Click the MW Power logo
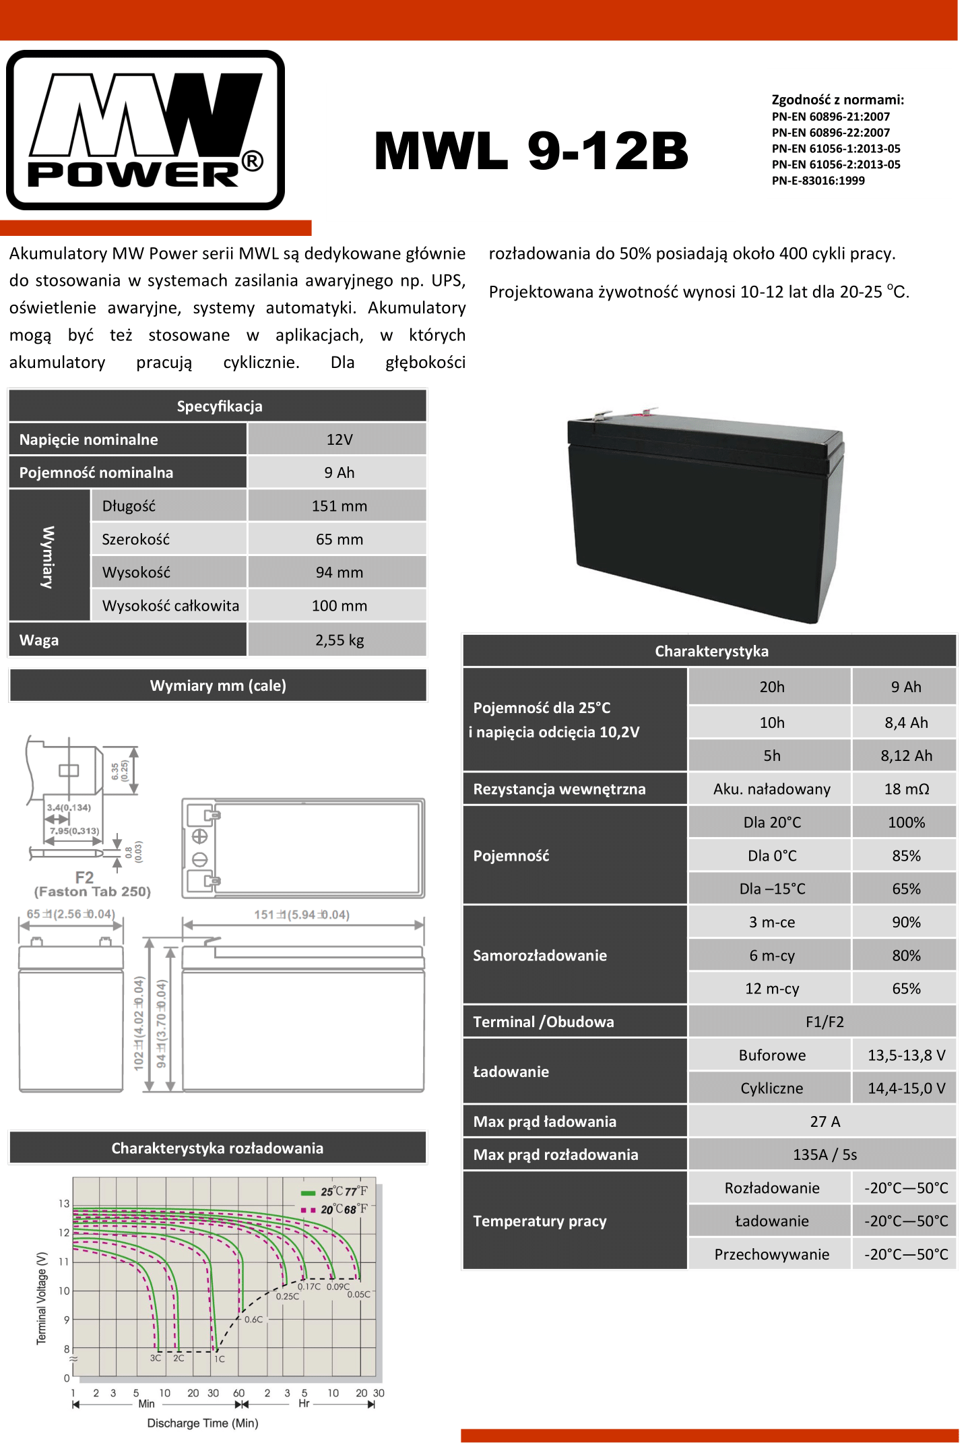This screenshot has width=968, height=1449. point(145,130)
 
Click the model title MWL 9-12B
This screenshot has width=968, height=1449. point(531,150)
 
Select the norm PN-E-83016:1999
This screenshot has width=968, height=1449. point(818,181)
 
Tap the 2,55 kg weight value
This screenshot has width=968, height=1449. point(339,640)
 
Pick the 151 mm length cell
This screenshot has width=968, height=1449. point(339,506)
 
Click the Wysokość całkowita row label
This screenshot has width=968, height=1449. point(170,606)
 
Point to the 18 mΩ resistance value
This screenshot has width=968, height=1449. point(905,789)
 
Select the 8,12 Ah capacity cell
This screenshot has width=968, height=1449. point(905,756)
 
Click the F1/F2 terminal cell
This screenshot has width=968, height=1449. point(824,1022)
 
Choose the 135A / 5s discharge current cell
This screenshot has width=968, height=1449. point(824,1154)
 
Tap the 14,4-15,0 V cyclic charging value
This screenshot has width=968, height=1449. point(905,1088)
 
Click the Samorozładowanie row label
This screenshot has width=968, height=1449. point(540,955)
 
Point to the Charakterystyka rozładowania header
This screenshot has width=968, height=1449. point(217,1148)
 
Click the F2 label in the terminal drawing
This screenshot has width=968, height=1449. point(84,877)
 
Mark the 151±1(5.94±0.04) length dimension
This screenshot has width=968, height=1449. point(301,915)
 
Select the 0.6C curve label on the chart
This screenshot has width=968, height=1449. point(253,1320)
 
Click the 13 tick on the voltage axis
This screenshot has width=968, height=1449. point(64,1204)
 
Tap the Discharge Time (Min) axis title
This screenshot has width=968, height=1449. point(202,1423)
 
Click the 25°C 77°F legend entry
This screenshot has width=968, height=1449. point(335,1192)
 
